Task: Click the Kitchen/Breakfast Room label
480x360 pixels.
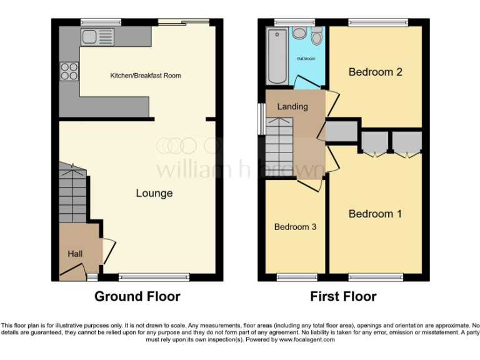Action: pos(146,76)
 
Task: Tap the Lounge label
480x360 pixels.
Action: pos(154,193)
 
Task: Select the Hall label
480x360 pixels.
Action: pos(75,254)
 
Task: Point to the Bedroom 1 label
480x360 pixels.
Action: pos(375,214)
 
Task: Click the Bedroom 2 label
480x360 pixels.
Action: pos(375,72)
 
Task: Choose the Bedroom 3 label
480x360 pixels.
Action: pos(295,227)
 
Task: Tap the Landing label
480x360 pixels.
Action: pos(292,106)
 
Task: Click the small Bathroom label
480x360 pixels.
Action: pos(306,59)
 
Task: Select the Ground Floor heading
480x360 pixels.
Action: pos(137,296)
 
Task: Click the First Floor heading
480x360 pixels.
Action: pos(344,296)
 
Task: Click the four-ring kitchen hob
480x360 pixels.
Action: pos(69,71)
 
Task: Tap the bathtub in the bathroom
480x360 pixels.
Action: pos(275,56)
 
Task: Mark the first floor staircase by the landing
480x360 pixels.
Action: pos(280,147)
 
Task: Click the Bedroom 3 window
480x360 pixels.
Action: pos(295,276)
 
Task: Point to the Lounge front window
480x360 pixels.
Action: pos(154,276)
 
